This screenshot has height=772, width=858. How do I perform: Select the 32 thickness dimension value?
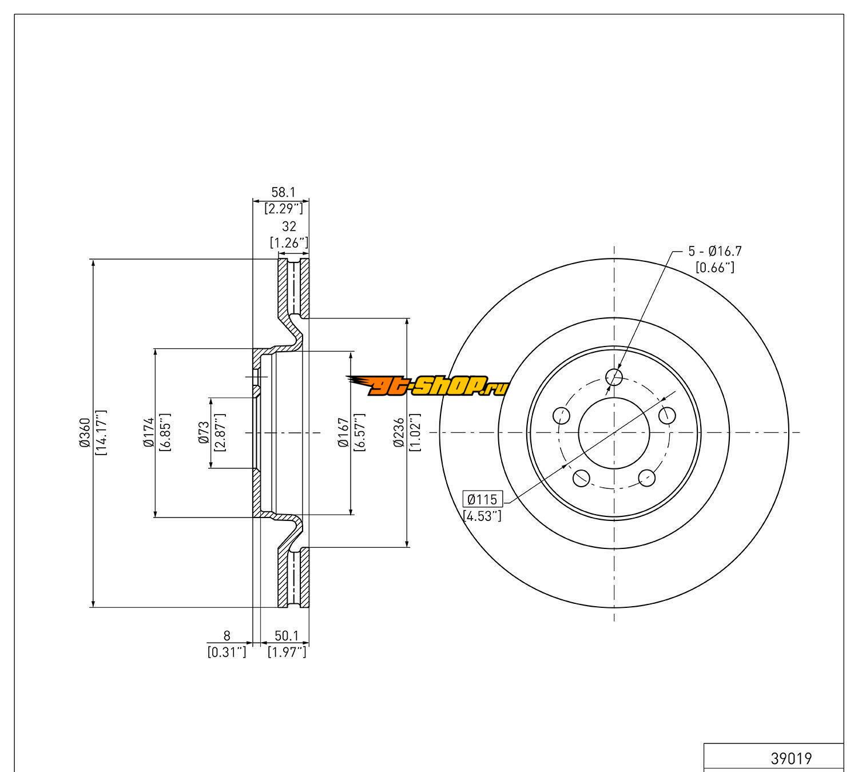[x=290, y=227]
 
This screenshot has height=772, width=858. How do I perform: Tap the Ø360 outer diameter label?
[x=85, y=433]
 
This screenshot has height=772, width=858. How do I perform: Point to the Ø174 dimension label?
[x=148, y=433]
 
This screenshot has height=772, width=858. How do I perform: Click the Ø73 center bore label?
[x=202, y=433]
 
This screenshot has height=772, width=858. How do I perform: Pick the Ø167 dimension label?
[x=343, y=433]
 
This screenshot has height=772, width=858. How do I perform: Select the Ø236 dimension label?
[x=399, y=433]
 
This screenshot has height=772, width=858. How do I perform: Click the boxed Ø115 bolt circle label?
[x=482, y=499]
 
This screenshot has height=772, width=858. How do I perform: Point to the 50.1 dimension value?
[x=287, y=635]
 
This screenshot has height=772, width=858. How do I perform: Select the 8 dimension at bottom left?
[x=227, y=635]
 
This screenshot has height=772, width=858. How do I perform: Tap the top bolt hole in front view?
[x=614, y=377]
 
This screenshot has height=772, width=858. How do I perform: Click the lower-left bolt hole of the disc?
[x=581, y=477]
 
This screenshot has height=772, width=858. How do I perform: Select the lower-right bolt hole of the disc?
[x=647, y=477]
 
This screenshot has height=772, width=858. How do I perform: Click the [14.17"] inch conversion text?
[x=101, y=433]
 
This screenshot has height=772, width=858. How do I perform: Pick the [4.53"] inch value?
[x=482, y=516]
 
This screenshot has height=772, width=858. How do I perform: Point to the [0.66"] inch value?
[x=715, y=267]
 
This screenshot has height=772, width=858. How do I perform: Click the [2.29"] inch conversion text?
[x=283, y=209]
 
